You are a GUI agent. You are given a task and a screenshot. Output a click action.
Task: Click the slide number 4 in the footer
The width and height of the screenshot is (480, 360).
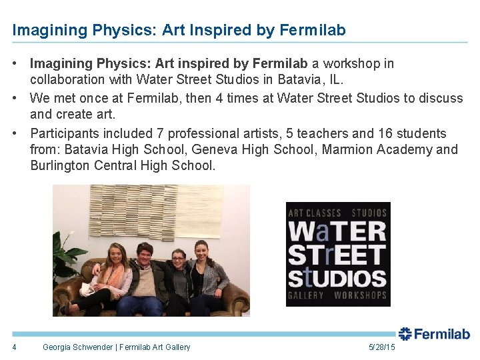14,347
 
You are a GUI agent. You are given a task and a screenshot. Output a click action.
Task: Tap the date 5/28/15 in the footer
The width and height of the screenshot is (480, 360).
381,347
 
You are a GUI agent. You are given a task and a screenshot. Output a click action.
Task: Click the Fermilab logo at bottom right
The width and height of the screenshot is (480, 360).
434,334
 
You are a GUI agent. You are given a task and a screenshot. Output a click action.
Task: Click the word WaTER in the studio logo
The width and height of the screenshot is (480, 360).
337,232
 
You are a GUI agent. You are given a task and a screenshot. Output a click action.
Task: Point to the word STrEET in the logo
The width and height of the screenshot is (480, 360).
337,254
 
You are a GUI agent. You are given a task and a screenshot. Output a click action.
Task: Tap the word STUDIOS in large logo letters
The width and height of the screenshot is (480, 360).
337,277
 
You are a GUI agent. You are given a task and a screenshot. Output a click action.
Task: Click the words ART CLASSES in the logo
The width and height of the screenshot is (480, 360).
314,213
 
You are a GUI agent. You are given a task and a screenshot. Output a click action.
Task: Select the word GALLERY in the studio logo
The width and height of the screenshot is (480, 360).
306,295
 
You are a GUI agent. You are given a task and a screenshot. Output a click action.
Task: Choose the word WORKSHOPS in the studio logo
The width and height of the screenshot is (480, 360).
360,295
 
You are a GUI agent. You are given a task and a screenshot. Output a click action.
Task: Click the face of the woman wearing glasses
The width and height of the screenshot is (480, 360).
178,258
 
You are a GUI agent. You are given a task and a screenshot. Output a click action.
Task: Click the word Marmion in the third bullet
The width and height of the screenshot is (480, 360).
347,149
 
